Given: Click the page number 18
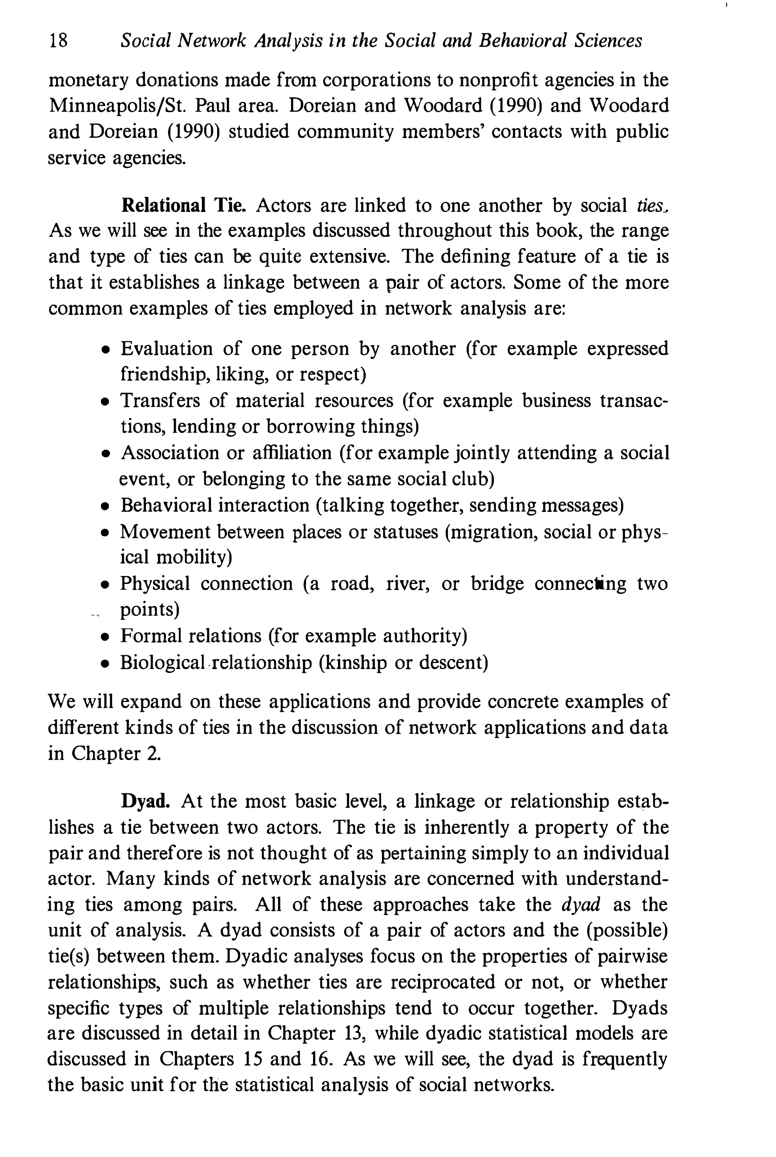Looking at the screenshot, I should pyautogui.click(x=58, y=40).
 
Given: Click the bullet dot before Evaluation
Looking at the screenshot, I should pyautogui.click(x=105, y=350).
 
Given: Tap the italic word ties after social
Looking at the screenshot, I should pyautogui.click(x=649, y=205).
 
